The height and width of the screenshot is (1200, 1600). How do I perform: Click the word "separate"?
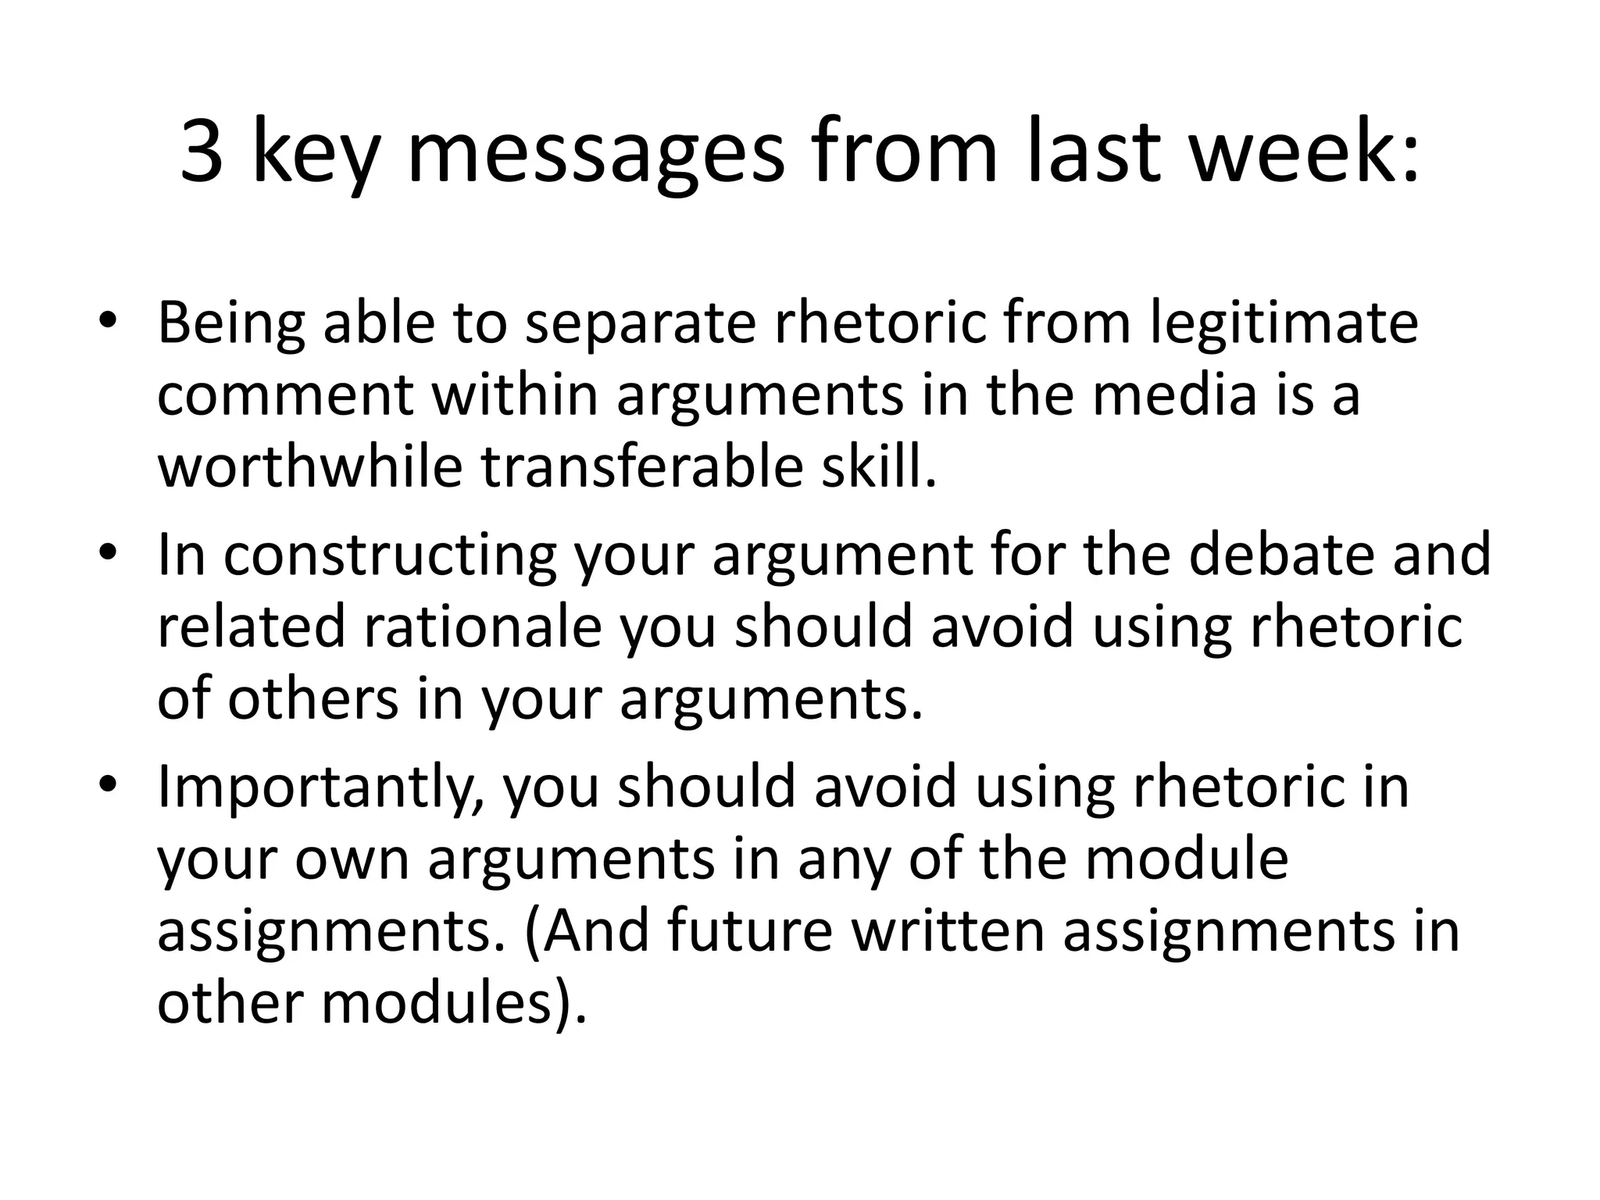(640, 325)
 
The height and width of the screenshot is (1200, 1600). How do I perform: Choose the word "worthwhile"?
(310, 466)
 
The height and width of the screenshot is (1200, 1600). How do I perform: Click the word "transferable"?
(641, 466)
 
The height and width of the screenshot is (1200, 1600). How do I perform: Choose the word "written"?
(948, 931)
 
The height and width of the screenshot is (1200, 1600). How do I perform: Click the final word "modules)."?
(453, 1003)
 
